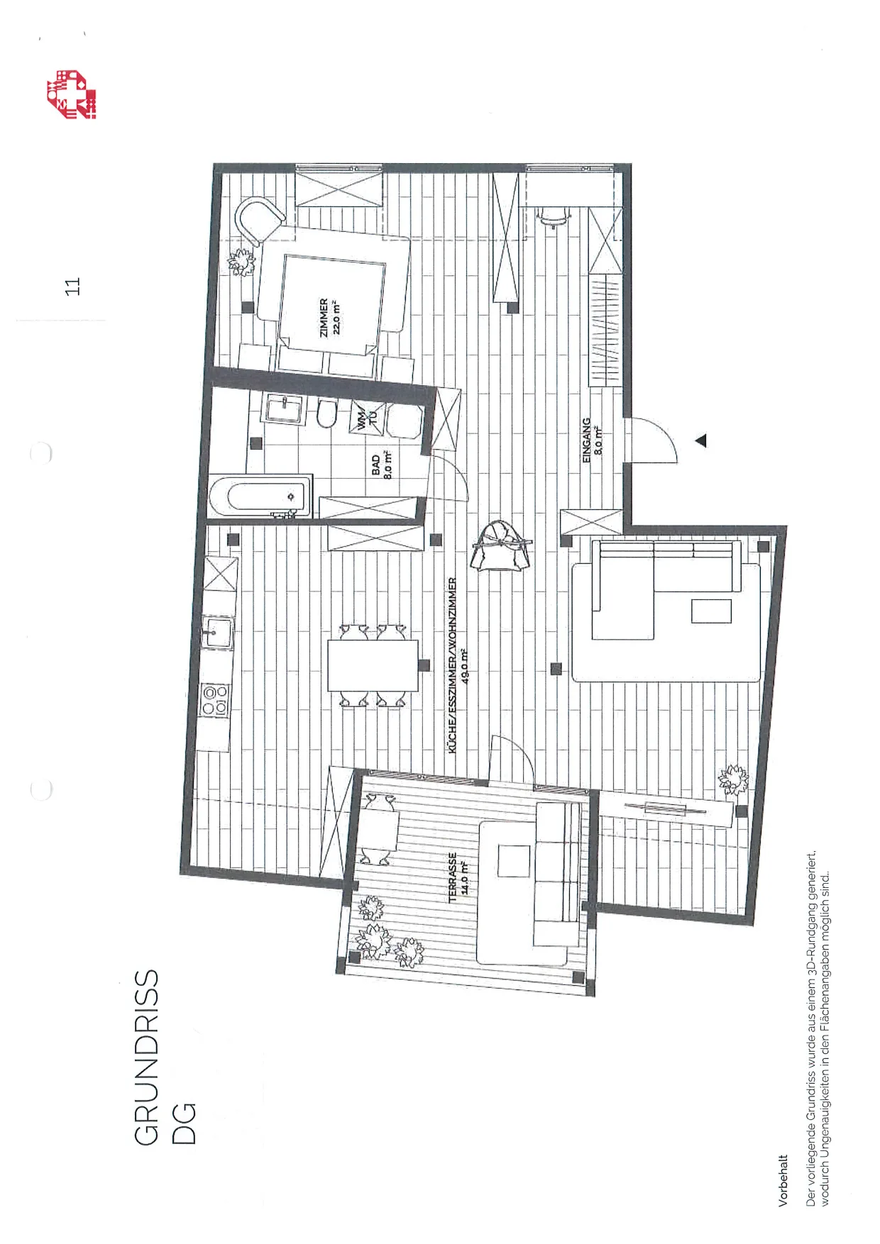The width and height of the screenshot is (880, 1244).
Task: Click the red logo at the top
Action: pyautogui.click(x=72, y=94)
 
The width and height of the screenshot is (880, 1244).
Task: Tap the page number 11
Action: pyautogui.click(x=72, y=286)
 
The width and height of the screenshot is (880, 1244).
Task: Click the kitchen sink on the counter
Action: pyautogui.click(x=216, y=633)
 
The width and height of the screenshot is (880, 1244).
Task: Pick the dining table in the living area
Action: pyautogui.click(x=373, y=665)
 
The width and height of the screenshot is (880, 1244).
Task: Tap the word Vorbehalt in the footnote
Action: pyautogui.click(x=783, y=1180)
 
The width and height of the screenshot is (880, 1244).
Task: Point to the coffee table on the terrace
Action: pyautogui.click(x=514, y=862)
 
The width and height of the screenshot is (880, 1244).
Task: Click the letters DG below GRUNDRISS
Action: pyautogui.click(x=183, y=1123)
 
